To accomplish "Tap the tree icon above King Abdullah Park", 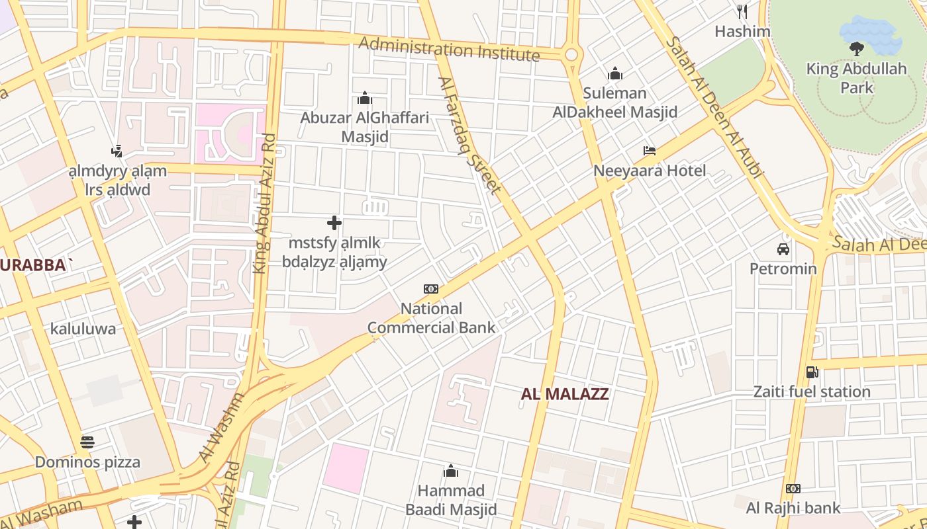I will (x=856, y=48).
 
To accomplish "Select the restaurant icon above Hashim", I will (x=742, y=11).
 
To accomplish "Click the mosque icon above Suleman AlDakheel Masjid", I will (x=615, y=73).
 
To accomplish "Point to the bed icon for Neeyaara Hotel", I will (x=650, y=151).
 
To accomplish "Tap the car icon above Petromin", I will (x=783, y=249).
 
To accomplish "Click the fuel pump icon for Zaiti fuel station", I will (x=812, y=372).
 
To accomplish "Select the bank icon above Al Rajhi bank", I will (x=793, y=489).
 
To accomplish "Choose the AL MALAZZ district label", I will (x=565, y=394).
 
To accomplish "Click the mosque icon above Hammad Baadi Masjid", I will (x=451, y=471).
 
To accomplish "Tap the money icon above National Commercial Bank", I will (x=431, y=289).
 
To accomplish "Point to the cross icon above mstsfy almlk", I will (x=334, y=223).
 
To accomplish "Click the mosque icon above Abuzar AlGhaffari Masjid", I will (x=365, y=99).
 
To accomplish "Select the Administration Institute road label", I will (x=449, y=48).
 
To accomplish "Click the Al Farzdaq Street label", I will (x=469, y=136).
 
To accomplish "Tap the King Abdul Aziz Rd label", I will (x=264, y=204).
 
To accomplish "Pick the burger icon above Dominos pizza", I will (x=87, y=442).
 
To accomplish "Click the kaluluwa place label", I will (x=83, y=329).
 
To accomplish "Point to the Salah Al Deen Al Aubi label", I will (x=714, y=106).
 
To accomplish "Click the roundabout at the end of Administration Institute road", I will (x=571, y=55).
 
